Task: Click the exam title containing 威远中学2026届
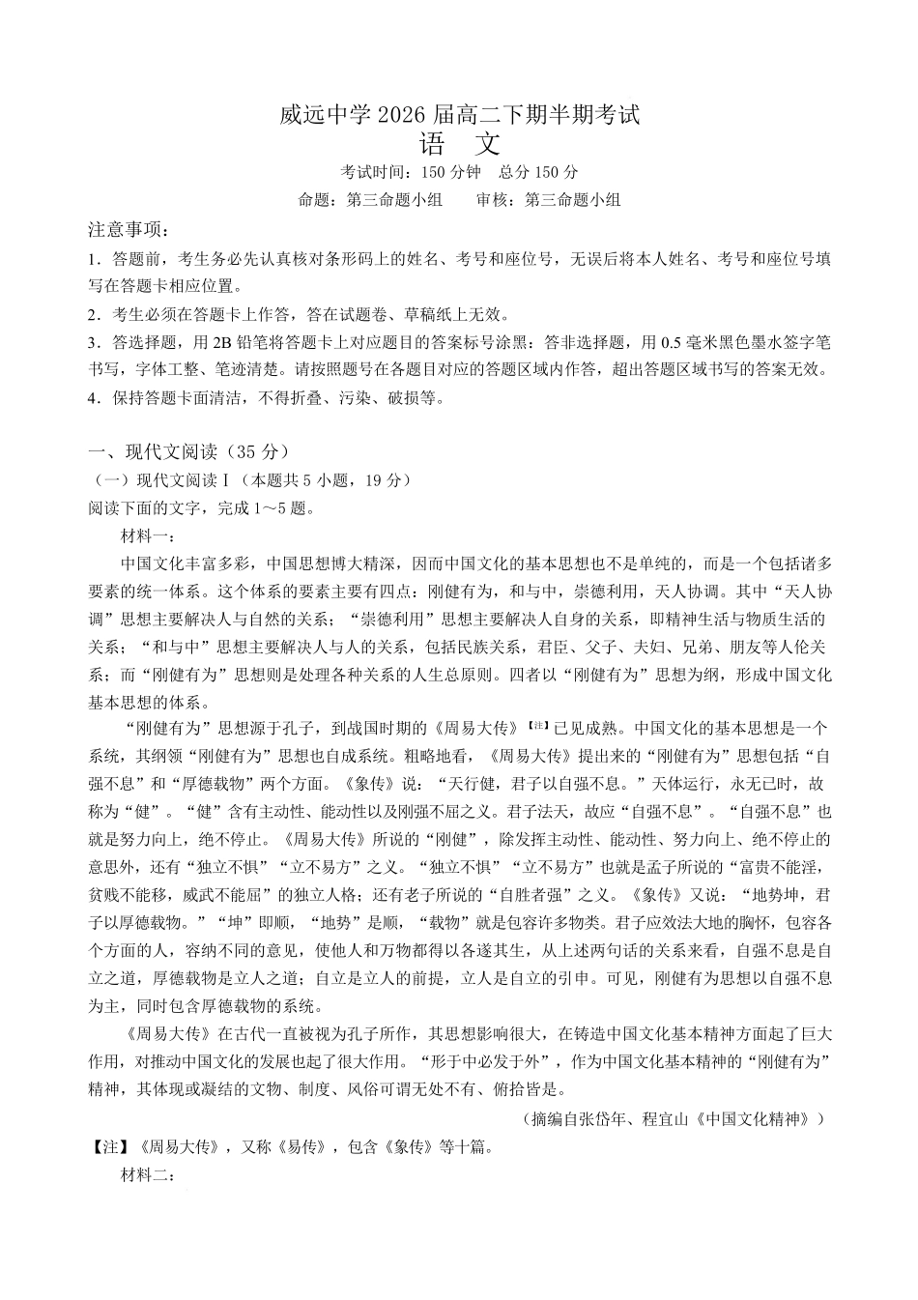459,115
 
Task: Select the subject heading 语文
459,145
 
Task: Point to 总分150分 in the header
538,173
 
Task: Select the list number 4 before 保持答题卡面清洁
93,397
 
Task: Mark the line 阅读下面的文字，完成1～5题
201,507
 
